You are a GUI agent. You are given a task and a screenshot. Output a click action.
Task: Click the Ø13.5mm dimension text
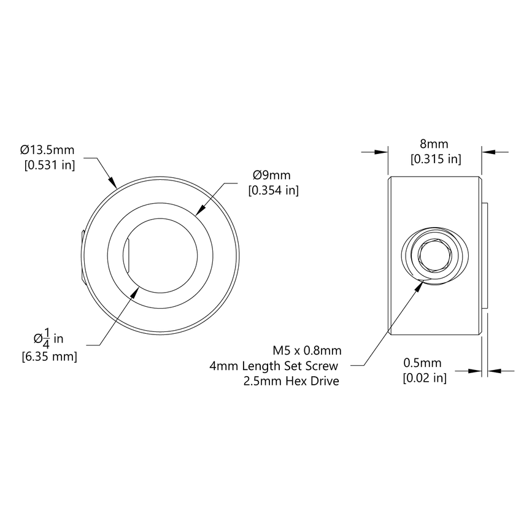tap(47, 149)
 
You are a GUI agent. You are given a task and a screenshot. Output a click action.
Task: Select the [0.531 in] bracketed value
tap(49, 165)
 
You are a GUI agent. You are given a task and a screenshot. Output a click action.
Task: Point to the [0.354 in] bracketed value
tap(273, 191)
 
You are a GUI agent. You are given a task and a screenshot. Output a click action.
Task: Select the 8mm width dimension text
tap(434, 144)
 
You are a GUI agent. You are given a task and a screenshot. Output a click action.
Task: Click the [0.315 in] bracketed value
tap(435, 160)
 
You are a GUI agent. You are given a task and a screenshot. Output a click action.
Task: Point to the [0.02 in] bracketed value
tap(424, 378)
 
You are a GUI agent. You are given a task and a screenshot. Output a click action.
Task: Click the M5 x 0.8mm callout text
tap(307, 350)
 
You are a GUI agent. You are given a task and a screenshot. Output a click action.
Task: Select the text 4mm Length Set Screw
tap(275, 366)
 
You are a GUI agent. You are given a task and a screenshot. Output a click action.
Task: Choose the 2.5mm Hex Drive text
tap(291, 382)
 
